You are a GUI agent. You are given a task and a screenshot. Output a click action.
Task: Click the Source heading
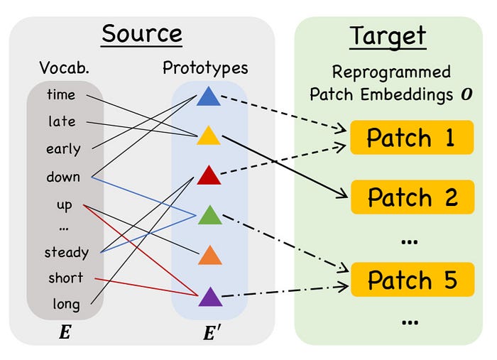point(141,33)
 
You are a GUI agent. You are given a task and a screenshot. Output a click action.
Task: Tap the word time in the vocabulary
point(61,94)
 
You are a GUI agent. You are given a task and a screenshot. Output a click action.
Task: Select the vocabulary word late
point(62,121)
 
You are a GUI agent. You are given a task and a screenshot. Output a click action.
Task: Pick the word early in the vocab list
point(63,149)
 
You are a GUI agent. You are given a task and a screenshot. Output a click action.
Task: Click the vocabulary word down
point(63,177)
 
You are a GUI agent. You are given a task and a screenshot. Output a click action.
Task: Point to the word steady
point(66,252)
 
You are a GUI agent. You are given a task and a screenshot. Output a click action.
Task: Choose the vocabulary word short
point(65,278)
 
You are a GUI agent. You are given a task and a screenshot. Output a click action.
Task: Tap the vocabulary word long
point(66,305)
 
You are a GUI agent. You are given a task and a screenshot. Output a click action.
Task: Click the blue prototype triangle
point(208,97)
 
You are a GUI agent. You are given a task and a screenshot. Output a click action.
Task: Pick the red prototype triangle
point(208,174)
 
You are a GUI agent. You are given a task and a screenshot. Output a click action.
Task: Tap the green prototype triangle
point(208,214)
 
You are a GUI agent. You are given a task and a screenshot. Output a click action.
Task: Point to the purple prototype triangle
point(208,295)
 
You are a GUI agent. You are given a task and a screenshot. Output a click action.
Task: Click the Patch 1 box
point(411,138)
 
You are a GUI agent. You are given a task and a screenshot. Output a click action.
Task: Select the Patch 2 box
point(411,197)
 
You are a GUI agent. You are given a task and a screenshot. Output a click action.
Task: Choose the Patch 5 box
point(411,280)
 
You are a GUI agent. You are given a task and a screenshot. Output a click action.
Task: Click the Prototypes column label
point(205,68)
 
